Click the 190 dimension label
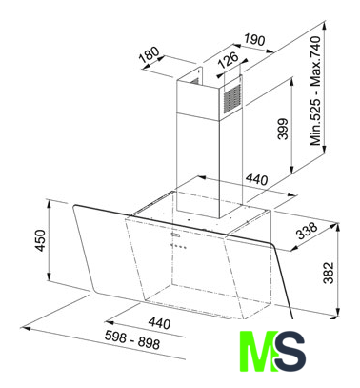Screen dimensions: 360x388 254,40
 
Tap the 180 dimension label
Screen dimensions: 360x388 150,54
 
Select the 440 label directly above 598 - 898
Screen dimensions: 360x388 159,324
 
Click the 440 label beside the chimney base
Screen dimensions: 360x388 256,180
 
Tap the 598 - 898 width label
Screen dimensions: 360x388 132,339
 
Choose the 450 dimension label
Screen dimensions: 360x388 41,240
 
